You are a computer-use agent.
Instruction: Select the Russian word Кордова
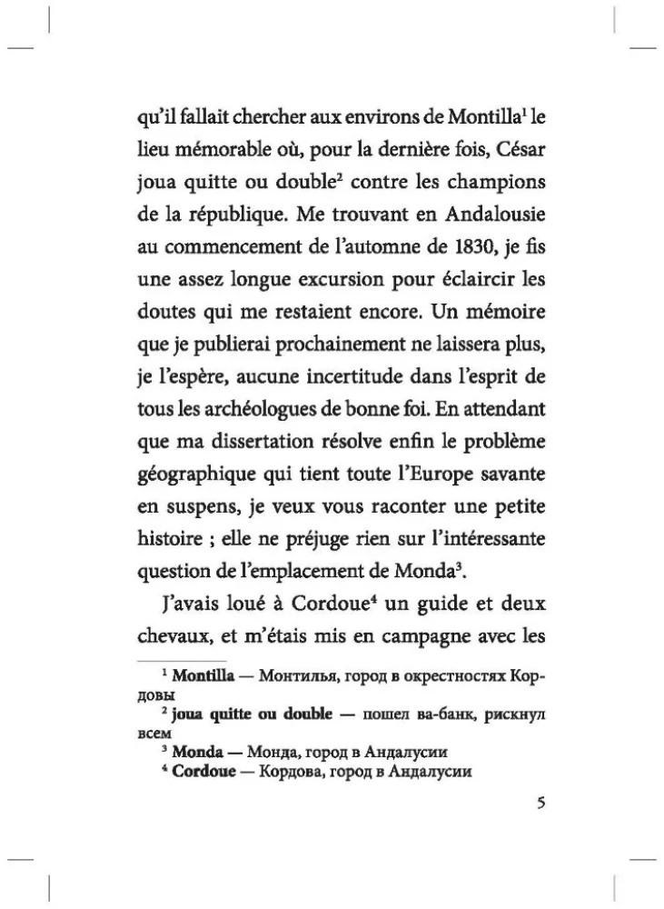292,772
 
